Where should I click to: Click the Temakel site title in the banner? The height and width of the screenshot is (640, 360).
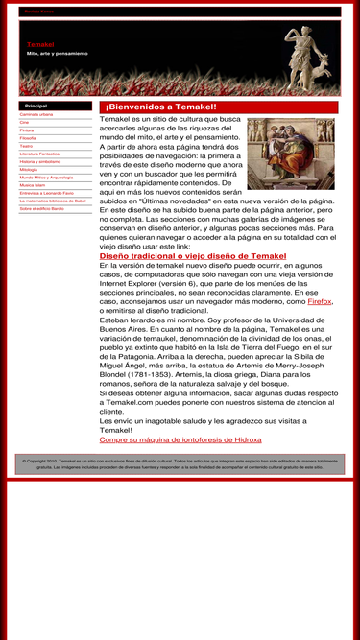tap(41, 45)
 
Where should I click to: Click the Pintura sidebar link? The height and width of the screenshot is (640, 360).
tap(27, 130)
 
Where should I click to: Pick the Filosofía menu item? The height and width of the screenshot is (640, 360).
tap(28, 138)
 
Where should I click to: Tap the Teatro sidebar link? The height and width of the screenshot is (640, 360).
tap(26, 146)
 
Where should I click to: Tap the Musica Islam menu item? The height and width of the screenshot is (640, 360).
tap(33, 185)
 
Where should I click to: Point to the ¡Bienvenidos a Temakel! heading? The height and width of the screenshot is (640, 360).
tap(161, 107)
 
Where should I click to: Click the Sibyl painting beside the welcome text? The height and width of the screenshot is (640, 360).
tap(291, 154)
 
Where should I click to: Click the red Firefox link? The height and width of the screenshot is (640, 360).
tap(320, 301)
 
